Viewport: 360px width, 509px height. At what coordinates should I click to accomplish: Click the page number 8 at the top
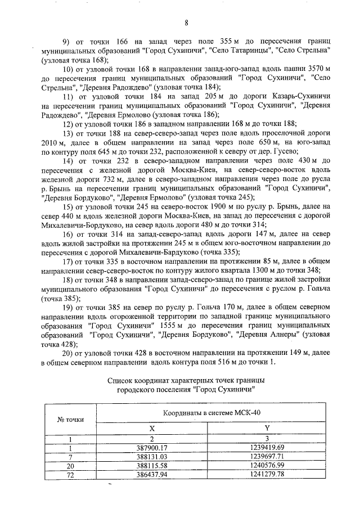[x=185, y=22]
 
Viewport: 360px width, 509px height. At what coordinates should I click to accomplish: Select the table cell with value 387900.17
[x=151, y=448]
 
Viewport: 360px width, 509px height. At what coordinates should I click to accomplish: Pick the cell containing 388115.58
[x=151, y=466]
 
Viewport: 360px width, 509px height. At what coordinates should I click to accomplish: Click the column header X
[x=151, y=428]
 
